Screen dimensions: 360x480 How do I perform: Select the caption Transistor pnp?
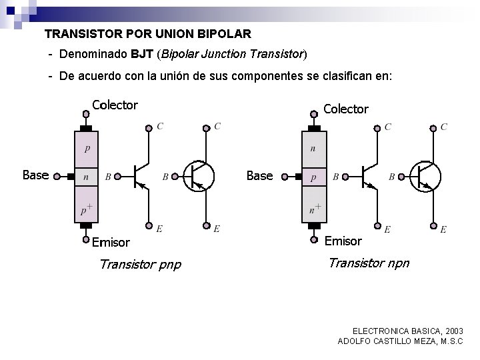point(139,265)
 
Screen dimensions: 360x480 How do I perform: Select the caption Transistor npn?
point(369,263)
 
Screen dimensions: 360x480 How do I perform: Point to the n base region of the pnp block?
point(86,177)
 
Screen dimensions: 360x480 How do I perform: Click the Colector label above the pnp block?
point(115,105)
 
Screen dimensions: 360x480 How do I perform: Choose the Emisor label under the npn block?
point(343,241)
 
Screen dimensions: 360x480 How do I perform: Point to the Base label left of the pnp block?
point(35,175)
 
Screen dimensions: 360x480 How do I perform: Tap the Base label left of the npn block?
point(259,175)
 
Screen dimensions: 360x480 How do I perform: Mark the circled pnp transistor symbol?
point(198,176)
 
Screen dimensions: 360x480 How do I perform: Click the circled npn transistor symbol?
point(425,176)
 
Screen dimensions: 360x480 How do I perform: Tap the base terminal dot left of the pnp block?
point(57,177)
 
